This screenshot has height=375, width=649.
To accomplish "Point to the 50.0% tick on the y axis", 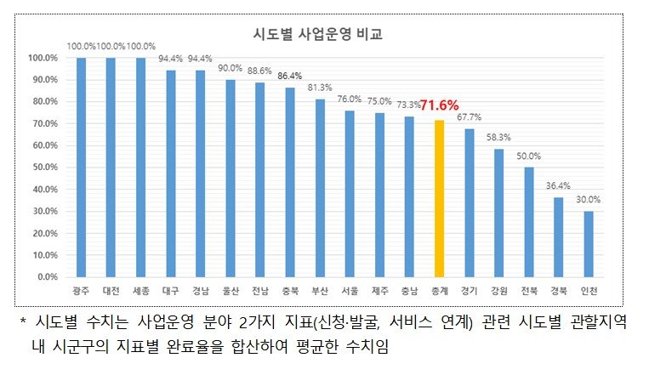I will tap(43, 168).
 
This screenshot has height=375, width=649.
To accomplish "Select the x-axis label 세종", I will tap(140, 291).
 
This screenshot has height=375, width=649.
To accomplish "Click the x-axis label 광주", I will tap(81, 291).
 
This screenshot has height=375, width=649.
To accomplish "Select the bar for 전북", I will tap(529, 222).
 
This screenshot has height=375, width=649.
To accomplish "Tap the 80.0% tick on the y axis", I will tap(43, 102).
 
